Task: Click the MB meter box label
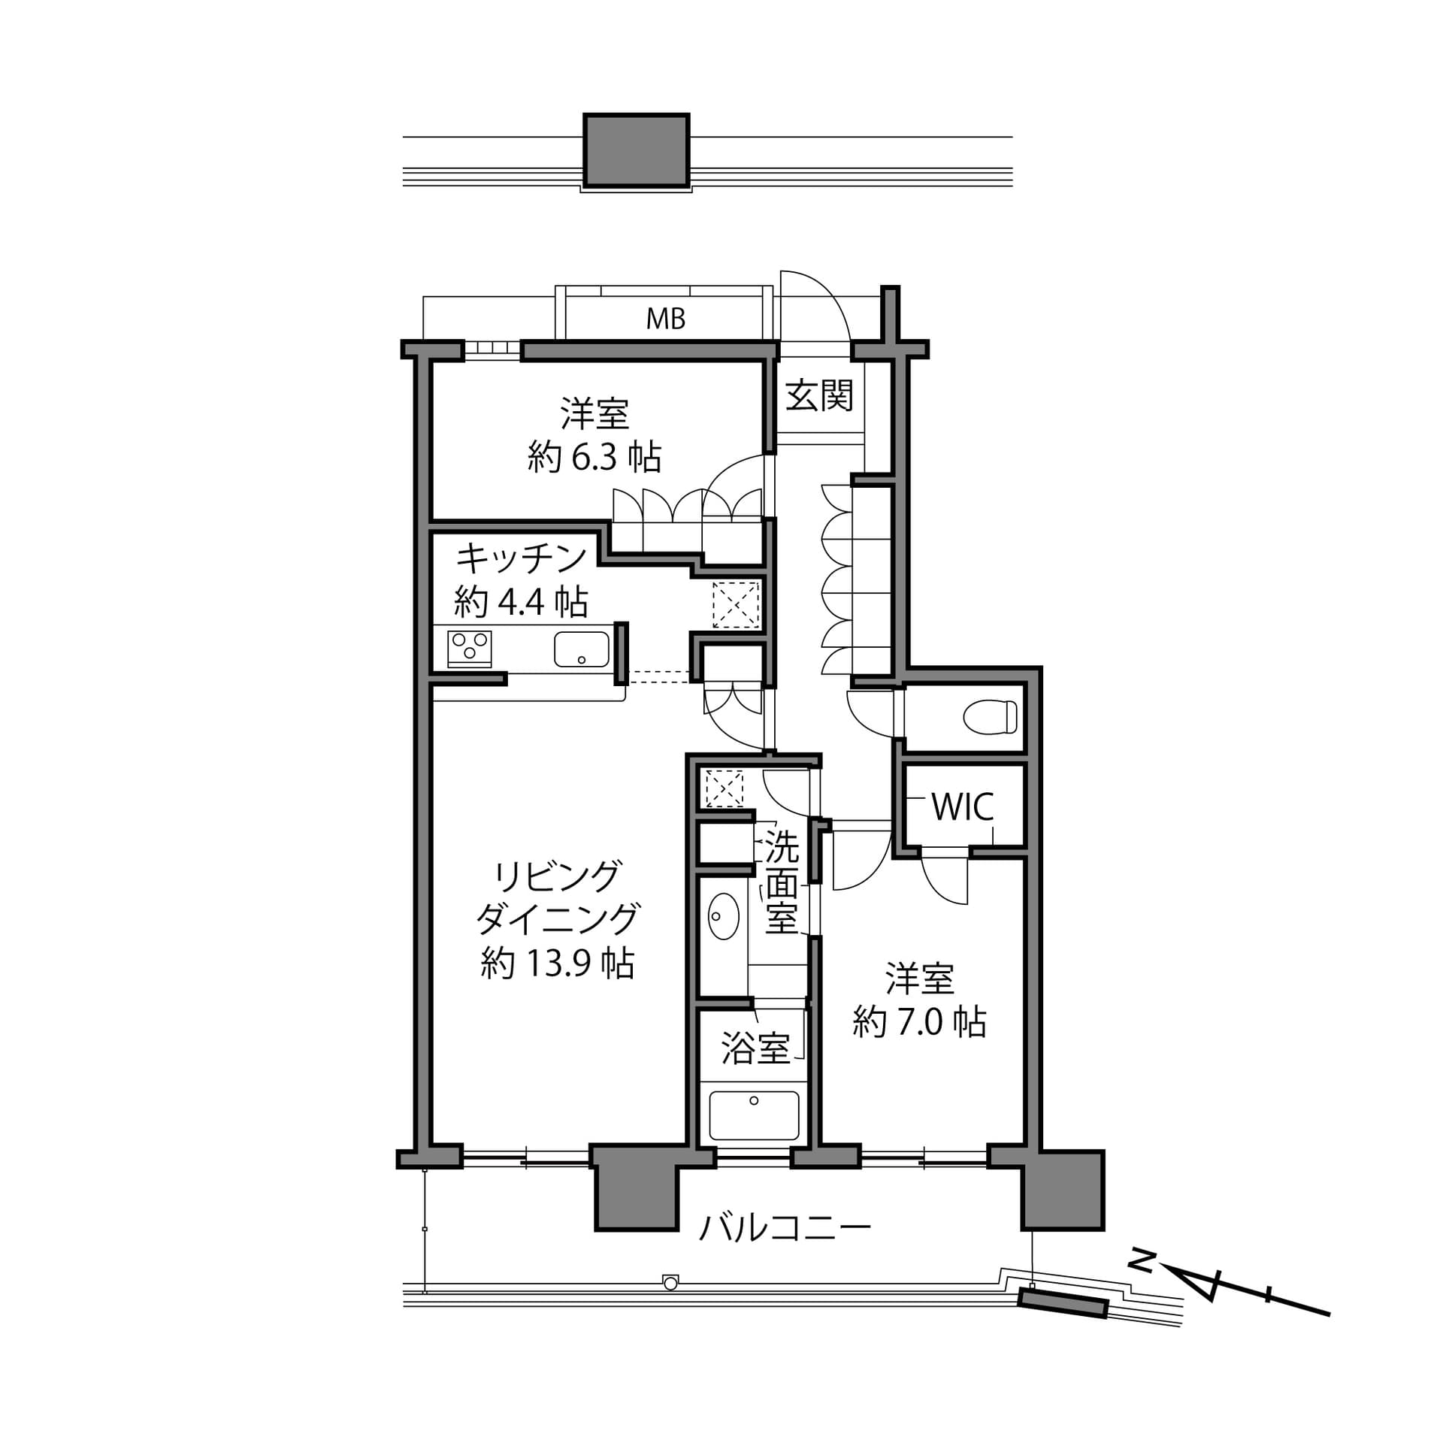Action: point(666,319)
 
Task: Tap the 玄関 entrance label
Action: point(819,395)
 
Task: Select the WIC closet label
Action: point(963,806)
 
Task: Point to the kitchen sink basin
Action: point(582,649)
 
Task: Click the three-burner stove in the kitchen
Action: point(470,648)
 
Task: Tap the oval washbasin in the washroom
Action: point(723,916)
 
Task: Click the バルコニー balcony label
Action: point(785,1229)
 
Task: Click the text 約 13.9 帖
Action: point(558,964)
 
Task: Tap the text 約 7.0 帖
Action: point(919,1022)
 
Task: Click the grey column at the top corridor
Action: point(636,150)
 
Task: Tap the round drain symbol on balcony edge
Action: point(670,1283)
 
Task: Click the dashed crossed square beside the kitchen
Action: point(736,604)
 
